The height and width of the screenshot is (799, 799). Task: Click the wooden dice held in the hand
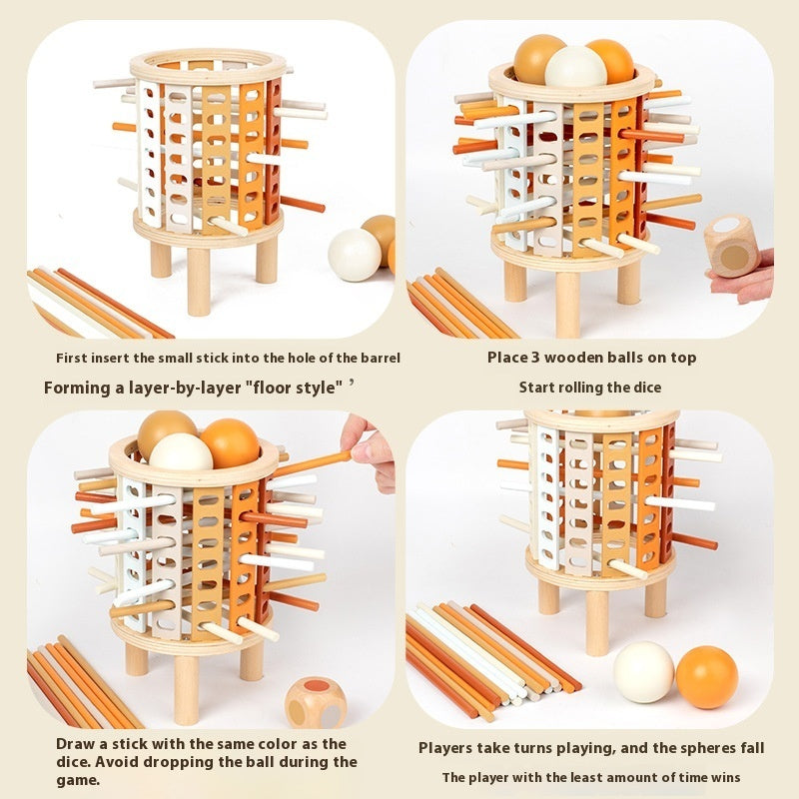tap(732, 246)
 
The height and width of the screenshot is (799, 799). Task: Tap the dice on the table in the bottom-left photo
tap(316, 702)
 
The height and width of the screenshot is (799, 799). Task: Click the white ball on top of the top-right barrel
tap(576, 68)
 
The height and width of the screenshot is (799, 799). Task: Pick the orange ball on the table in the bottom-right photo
tap(707, 677)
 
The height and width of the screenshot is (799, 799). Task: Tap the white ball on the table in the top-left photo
tap(355, 255)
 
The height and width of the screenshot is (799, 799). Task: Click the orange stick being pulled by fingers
tap(313, 463)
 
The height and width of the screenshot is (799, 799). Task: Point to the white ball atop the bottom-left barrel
tap(181, 453)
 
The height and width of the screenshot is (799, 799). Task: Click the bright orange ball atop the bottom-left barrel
tap(231, 443)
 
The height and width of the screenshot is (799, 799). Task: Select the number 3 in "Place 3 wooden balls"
tap(535, 358)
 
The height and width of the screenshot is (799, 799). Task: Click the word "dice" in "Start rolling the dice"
tap(648, 388)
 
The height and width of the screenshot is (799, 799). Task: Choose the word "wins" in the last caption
tap(726, 778)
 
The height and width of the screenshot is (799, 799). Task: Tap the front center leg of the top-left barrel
tap(199, 282)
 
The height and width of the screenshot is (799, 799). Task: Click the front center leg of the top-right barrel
tap(567, 304)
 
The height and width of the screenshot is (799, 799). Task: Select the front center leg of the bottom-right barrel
tap(597, 623)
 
